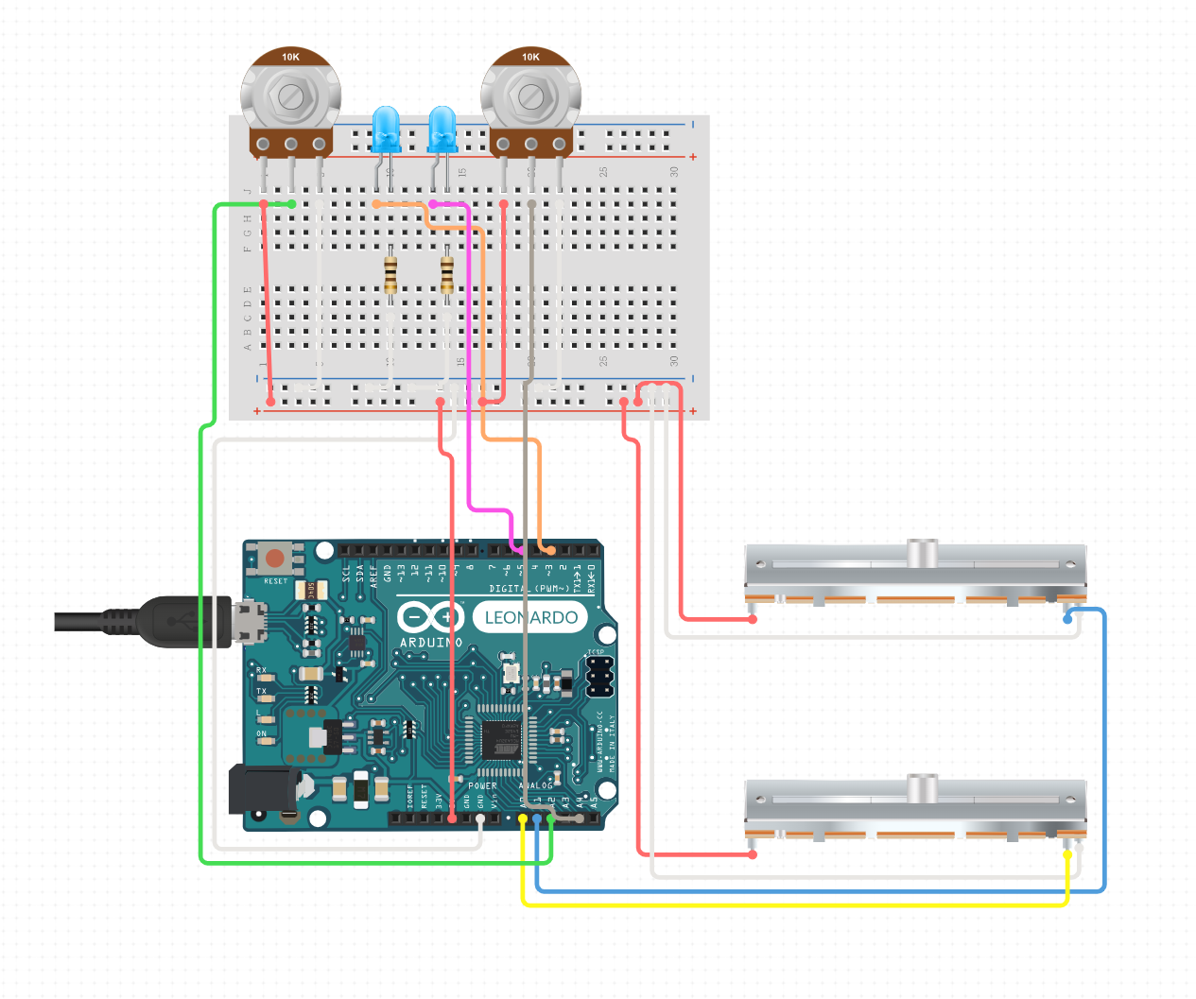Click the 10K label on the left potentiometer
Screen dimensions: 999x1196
pos(290,57)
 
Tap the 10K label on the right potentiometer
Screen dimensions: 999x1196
pos(530,57)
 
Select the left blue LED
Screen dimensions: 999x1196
pos(386,129)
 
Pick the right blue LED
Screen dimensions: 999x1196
pos(442,129)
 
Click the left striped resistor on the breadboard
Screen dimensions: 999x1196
pos(390,275)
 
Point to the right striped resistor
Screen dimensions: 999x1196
pos(447,275)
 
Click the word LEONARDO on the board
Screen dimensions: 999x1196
pos(530,617)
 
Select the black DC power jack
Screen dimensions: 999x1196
pos(264,790)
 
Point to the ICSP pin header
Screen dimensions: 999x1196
pos(599,676)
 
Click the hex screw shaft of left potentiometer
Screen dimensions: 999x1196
pos(290,95)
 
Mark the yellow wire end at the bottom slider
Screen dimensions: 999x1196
pos(1067,853)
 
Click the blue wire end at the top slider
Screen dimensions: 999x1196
pos(1067,620)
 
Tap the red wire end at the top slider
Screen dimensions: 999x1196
pos(753,620)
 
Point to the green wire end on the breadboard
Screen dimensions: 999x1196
pos(291,204)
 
